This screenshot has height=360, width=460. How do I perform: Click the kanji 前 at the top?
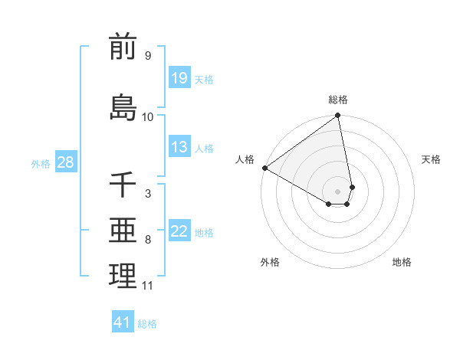(123, 47)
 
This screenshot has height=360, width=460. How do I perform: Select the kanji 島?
(123, 106)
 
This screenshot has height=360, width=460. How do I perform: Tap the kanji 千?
(123, 185)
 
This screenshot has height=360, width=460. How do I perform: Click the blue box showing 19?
(179, 77)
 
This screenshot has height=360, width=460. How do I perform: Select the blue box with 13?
(179, 147)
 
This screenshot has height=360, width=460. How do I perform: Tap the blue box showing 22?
(179, 231)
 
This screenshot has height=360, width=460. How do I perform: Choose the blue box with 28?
(65, 162)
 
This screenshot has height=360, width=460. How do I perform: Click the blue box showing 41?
(123, 322)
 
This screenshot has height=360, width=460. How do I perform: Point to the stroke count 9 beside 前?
(148, 56)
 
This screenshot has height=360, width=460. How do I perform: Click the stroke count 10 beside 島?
(148, 116)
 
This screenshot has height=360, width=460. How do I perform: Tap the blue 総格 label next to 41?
(147, 324)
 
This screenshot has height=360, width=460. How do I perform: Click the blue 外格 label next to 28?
(41, 163)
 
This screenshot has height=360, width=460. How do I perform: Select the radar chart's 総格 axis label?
(338, 100)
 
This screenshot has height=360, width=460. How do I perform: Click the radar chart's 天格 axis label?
(431, 159)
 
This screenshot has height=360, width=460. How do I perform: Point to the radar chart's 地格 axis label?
(402, 262)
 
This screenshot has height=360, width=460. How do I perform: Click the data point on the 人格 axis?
(264, 168)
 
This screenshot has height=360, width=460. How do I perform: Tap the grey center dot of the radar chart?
(338, 191)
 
